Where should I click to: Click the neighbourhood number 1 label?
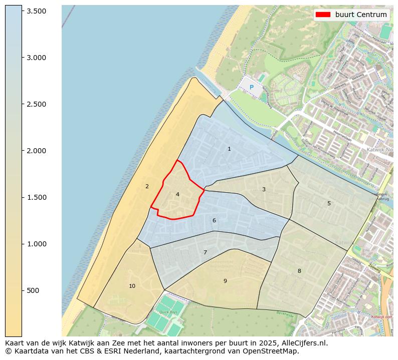(229, 149)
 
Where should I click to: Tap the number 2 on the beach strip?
(147, 186)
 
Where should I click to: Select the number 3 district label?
(264, 189)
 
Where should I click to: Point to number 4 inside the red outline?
(177, 194)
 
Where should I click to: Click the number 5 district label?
(329, 203)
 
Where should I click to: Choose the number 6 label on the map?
(214, 220)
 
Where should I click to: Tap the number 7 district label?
(205, 252)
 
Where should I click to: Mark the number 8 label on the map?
(299, 271)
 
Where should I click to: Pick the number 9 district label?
(225, 281)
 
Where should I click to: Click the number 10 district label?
(132, 286)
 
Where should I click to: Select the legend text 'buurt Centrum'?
(361, 15)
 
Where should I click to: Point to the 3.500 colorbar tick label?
(36, 11)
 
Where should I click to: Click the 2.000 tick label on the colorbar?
(36, 151)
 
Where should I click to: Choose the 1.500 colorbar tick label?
(36, 197)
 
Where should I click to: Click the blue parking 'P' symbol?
(252, 87)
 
